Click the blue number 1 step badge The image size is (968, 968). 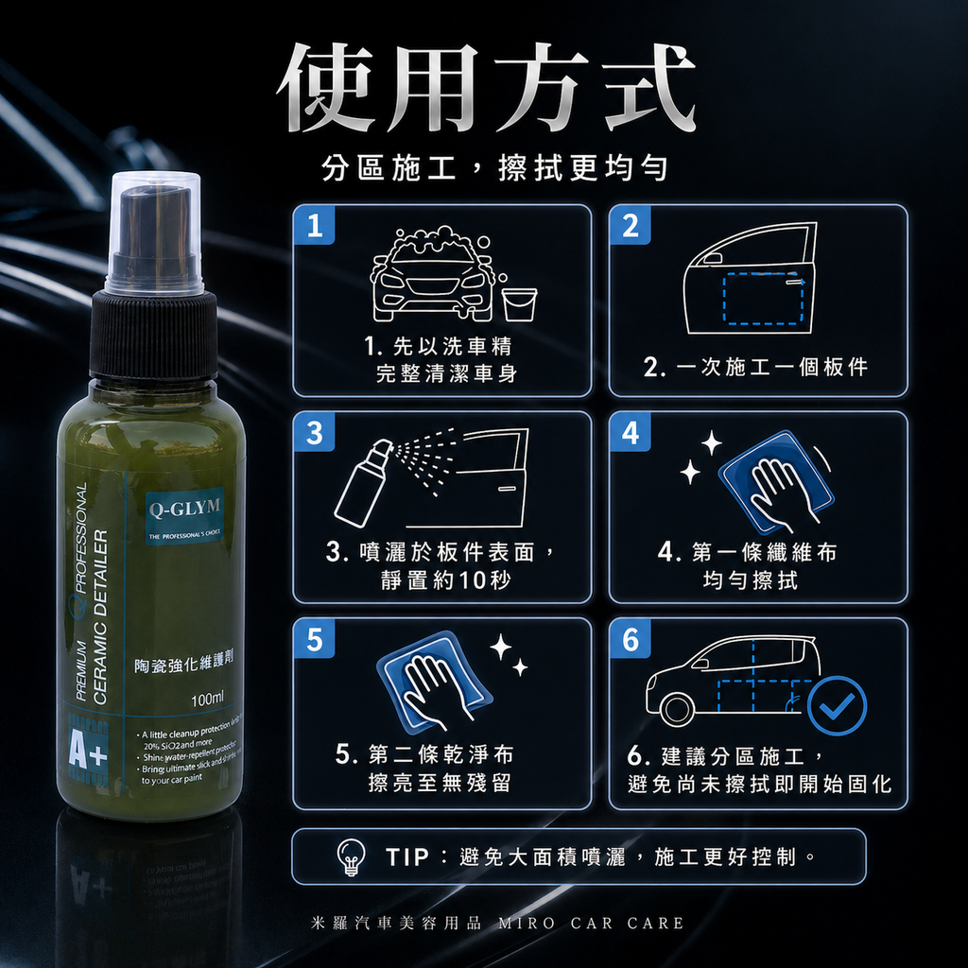(x=315, y=227)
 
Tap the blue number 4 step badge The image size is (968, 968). (x=631, y=433)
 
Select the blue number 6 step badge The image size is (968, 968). (x=631, y=640)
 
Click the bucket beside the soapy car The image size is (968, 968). (x=519, y=303)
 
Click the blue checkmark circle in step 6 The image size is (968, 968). (x=838, y=705)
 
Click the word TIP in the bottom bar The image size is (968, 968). (x=407, y=857)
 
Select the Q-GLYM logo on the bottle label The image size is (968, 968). (x=184, y=508)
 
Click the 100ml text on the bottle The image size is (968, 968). (x=207, y=700)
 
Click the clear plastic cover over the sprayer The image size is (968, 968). (x=154, y=232)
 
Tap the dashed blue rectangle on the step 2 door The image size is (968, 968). (x=762, y=301)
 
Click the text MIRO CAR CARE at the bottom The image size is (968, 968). (x=591, y=923)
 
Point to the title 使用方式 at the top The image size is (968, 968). (x=486, y=89)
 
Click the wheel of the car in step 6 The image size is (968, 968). (x=677, y=708)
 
